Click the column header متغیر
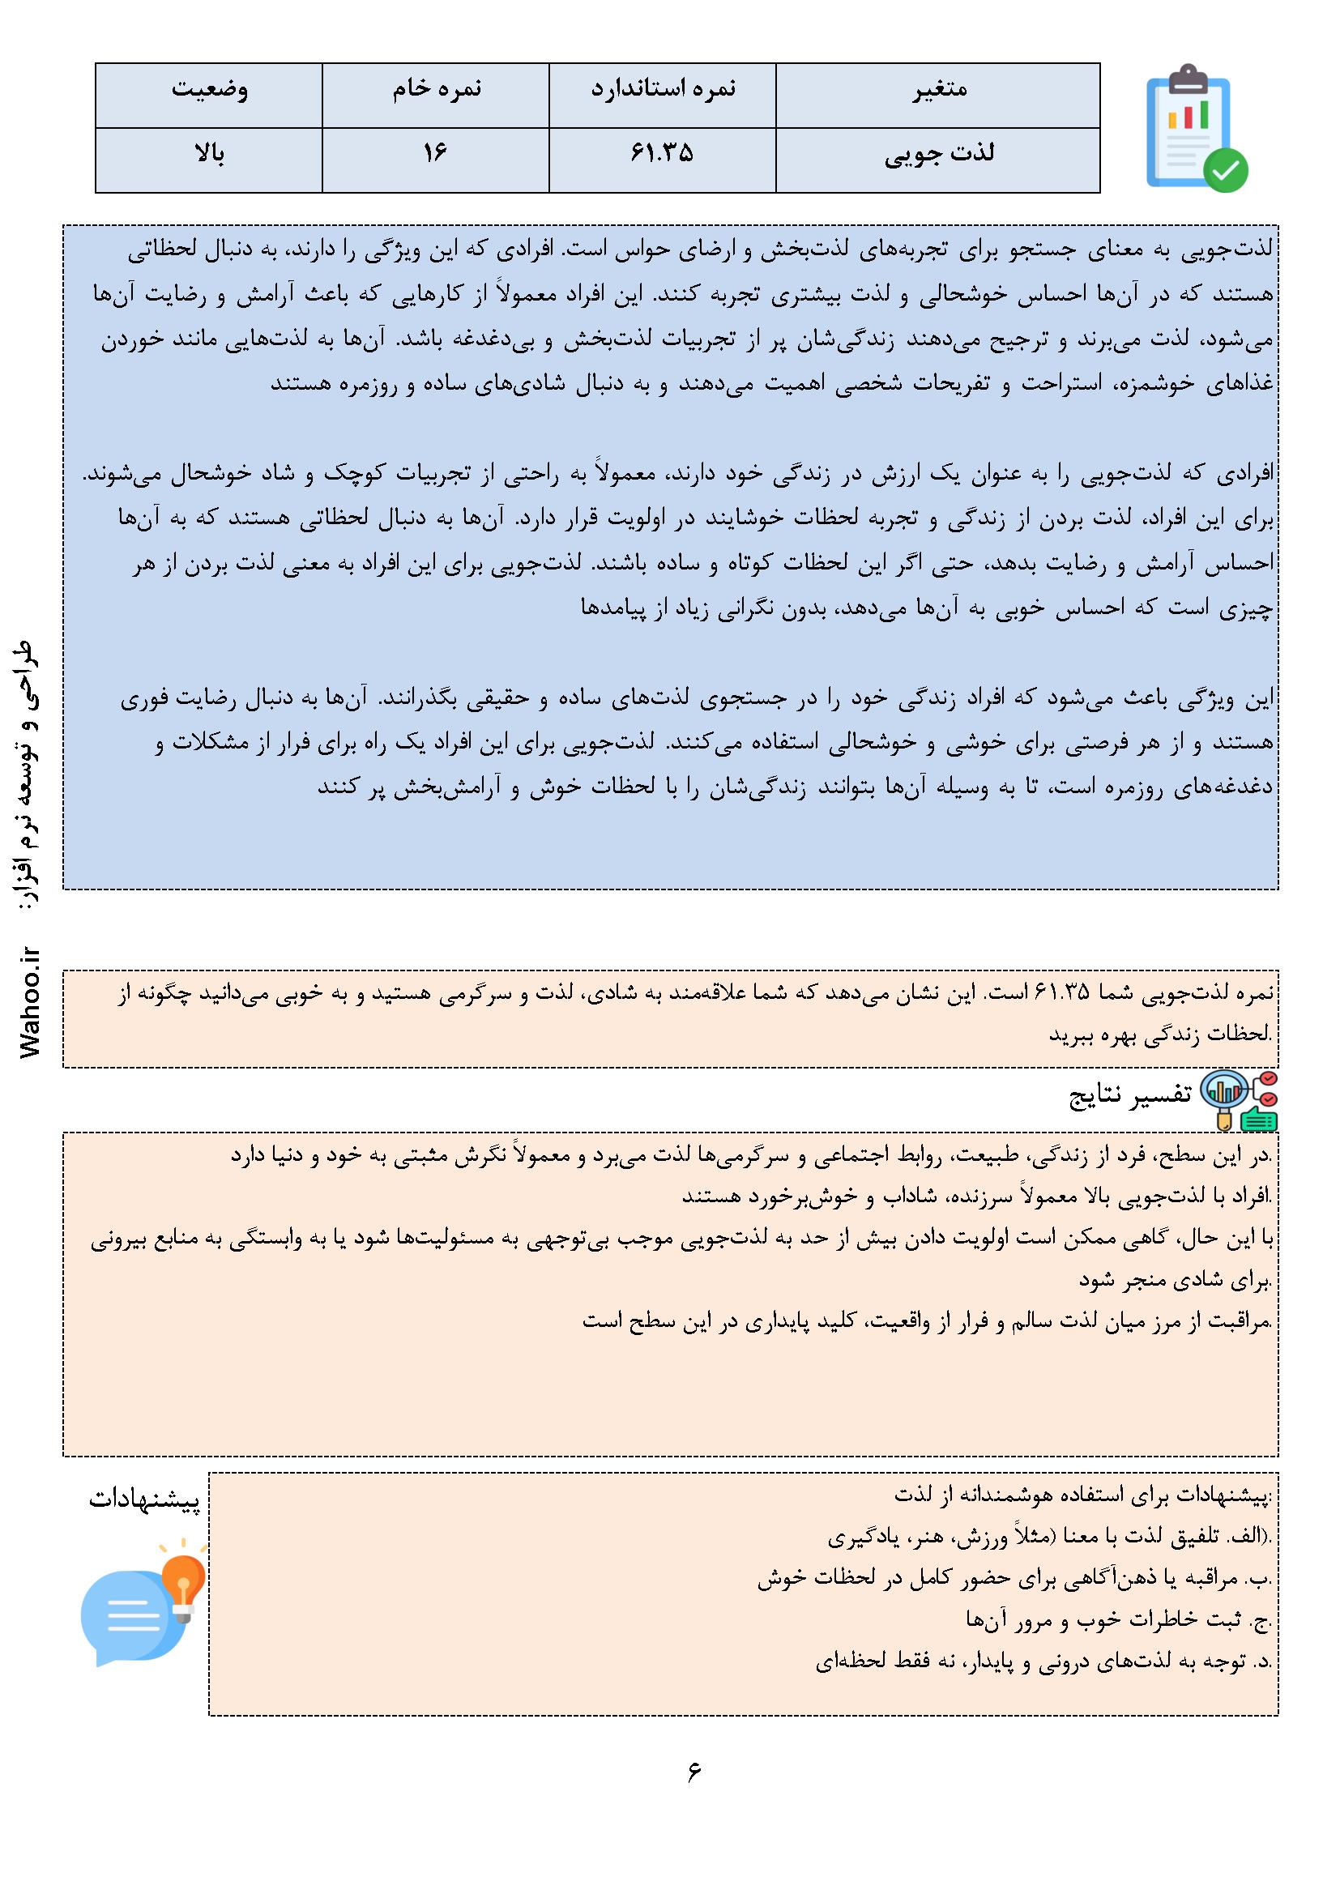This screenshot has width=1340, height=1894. tap(939, 89)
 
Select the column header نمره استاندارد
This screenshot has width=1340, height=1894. tap(663, 89)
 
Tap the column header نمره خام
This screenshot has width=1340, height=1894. tap(436, 89)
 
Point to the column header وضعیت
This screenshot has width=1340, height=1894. tap(209, 89)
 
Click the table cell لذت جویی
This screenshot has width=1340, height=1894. tap(939, 154)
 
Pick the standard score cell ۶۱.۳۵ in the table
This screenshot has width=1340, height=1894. tap(663, 154)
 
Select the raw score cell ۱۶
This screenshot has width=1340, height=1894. tap(436, 154)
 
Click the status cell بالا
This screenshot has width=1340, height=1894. tap(209, 154)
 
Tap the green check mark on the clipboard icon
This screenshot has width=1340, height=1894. tap(1225, 170)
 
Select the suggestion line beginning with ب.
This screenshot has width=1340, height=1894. tap(1015, 1578)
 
